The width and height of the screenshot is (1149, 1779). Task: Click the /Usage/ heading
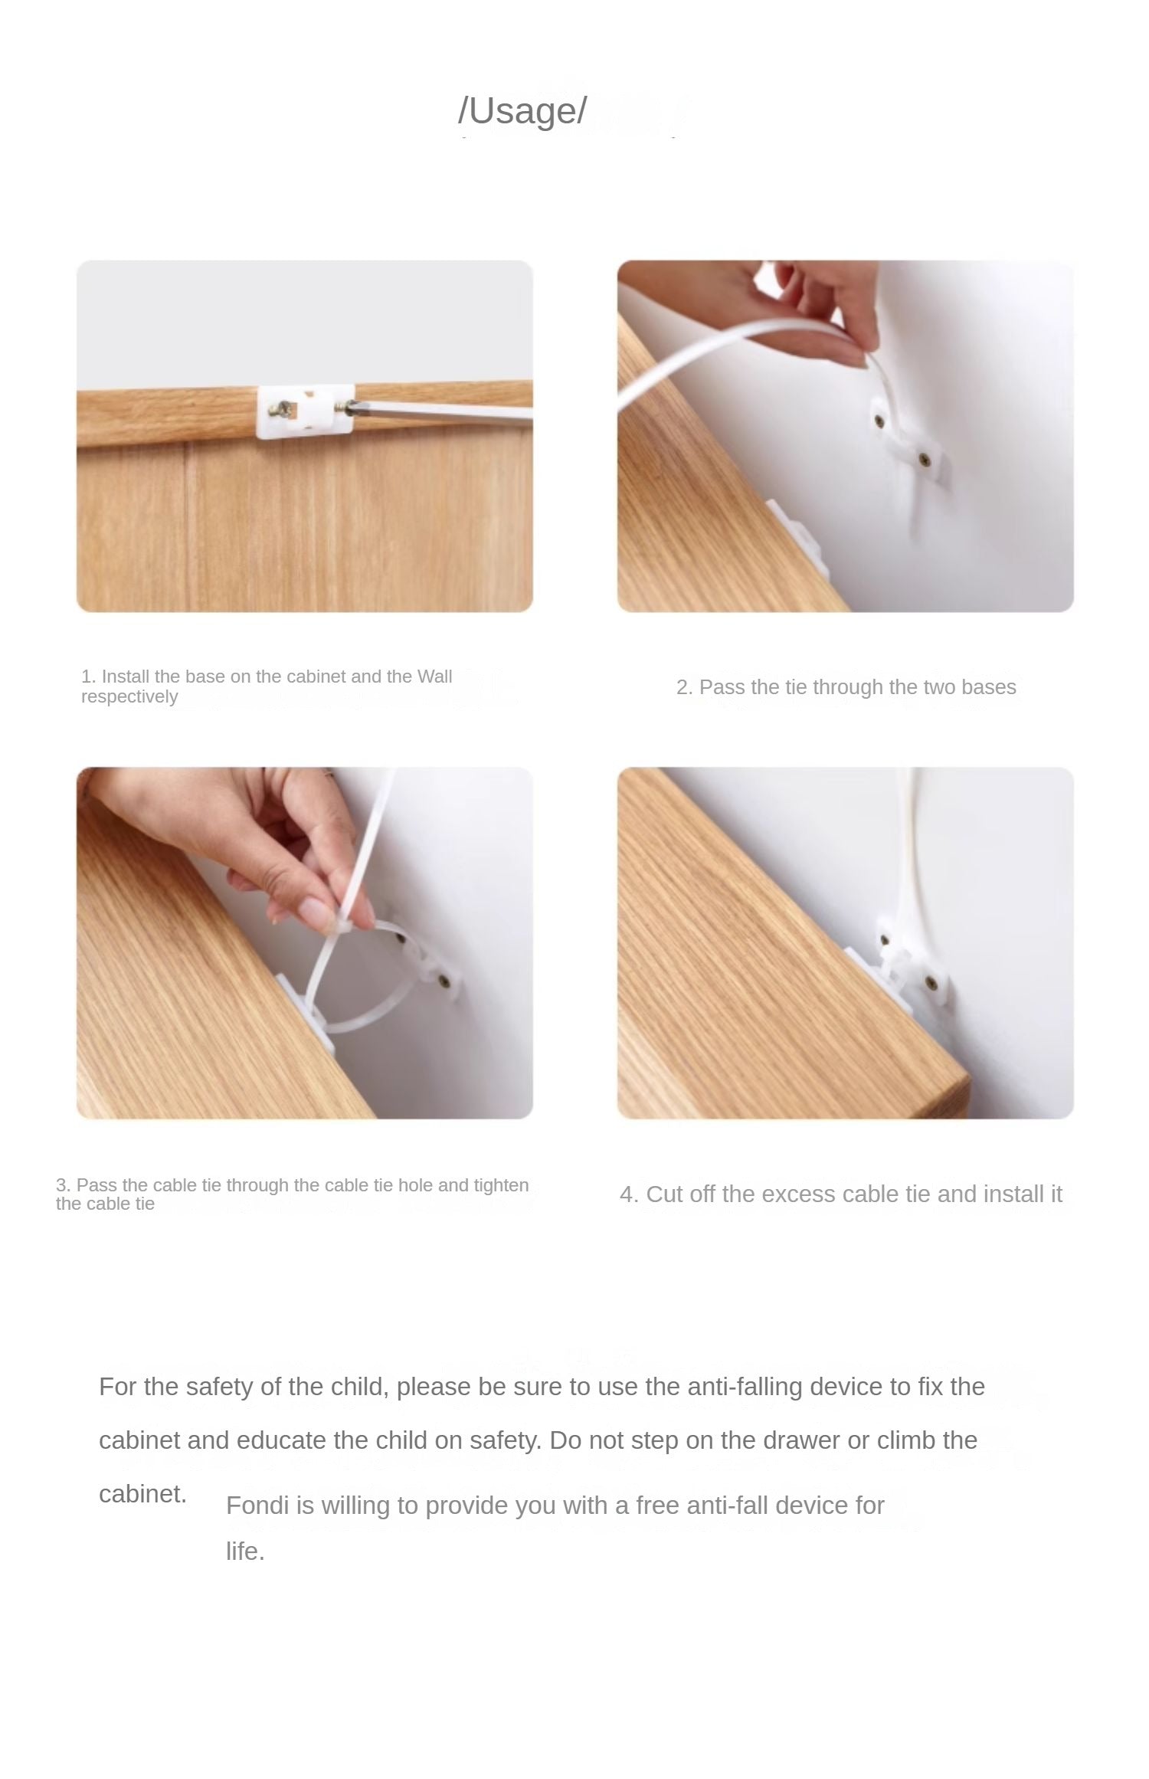tap(522, 111)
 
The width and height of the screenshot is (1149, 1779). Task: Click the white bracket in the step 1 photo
tap(305, 411)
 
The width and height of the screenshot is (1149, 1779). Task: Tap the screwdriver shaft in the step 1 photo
tap(444, 411)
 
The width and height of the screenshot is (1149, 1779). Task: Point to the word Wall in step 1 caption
tap(434, 677)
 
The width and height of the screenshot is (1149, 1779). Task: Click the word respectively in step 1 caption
tap(129, 696)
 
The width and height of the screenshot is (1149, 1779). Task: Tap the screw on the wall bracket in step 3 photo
tap(445, 979)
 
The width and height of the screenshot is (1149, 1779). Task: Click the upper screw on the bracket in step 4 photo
tap(885, 939)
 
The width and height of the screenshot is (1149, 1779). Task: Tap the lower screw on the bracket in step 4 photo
tap(929, 981)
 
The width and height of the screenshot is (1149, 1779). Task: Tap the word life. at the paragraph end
tap(245, 1551)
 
